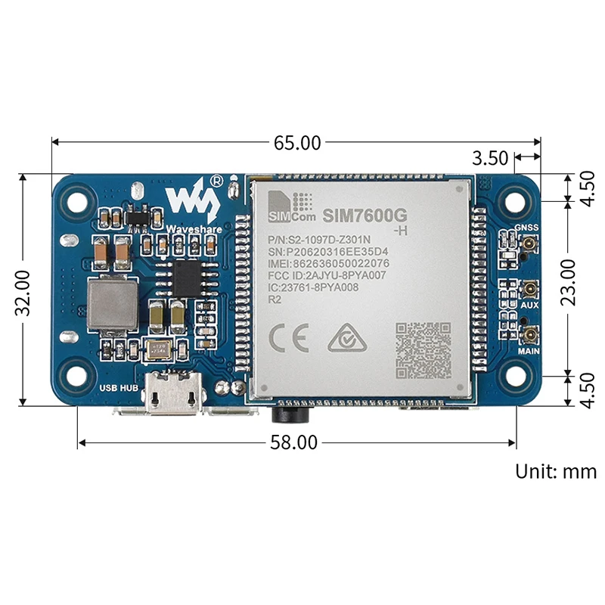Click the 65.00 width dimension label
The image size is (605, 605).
(x=296, y=141)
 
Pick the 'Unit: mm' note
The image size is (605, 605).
(x=556, y=472)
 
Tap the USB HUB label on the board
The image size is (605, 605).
(x=119, y=389)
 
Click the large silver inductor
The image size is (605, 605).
(x=111, y=306)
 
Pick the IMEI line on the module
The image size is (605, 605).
(x=328, y=263)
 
